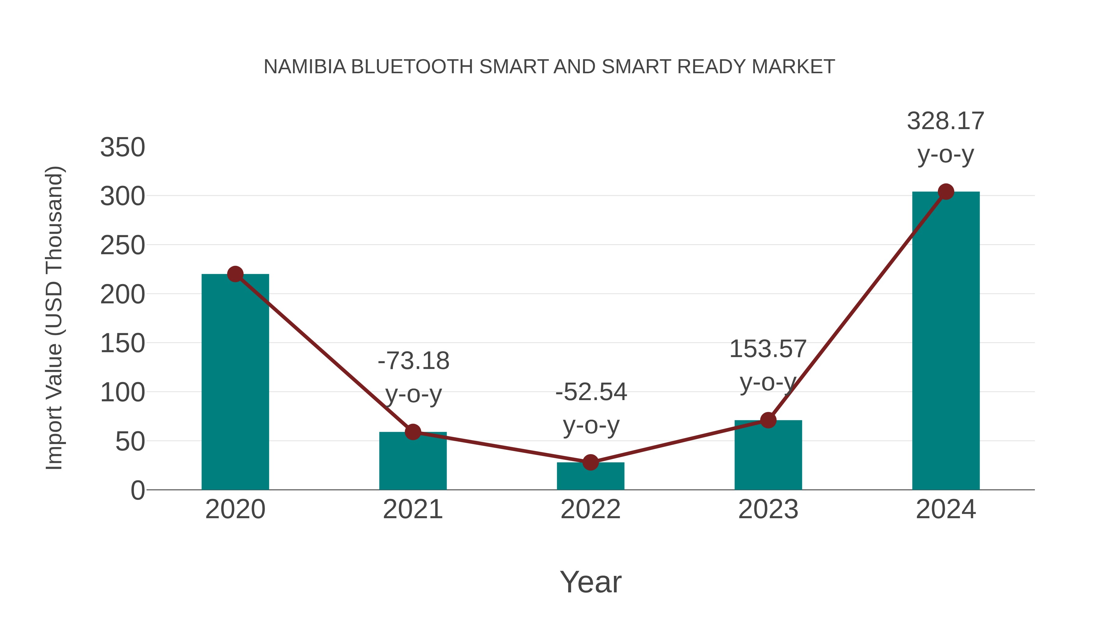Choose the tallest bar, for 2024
946,341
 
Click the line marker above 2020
235,274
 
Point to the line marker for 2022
590,462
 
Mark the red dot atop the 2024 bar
946,192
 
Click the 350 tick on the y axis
122,148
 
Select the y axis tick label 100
122,392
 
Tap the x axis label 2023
768,509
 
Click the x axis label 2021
412,509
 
